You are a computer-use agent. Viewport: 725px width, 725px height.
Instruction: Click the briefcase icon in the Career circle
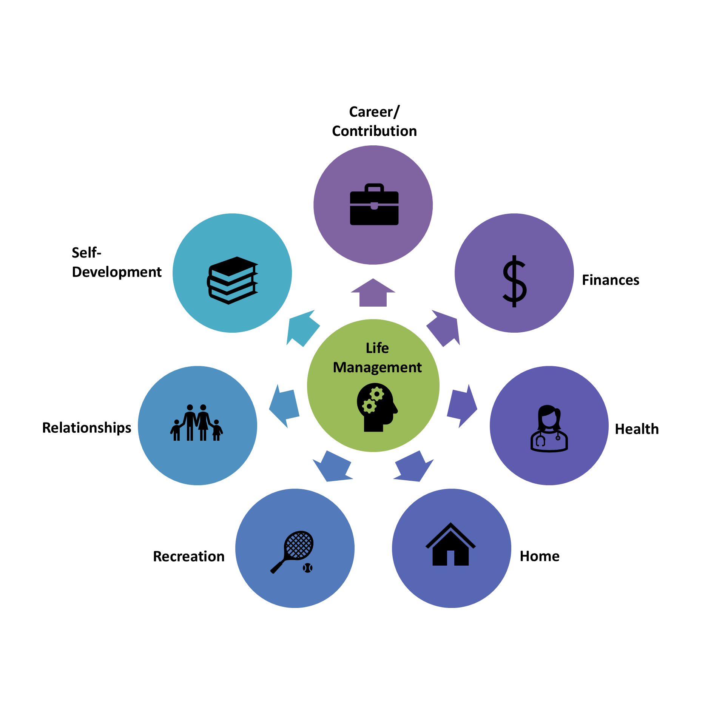click(374, 205)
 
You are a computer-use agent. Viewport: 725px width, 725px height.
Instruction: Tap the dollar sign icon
click(514, 281)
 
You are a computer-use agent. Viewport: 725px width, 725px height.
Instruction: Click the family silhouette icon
click(197, 423)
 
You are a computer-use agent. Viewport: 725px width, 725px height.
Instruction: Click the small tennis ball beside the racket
click(308, 568)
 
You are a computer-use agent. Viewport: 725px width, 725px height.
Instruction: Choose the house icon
click(450, 545)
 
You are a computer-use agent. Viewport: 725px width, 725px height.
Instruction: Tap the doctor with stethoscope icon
click(549, 429)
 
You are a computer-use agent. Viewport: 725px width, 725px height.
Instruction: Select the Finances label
click(611, 280)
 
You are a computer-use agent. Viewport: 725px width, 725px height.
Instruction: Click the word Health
click(637, 429)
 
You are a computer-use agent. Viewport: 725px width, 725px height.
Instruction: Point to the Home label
click(540, 556)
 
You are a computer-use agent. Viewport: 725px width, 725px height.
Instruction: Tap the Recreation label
click(189, 557)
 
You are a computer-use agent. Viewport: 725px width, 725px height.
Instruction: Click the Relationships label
click(87, 428)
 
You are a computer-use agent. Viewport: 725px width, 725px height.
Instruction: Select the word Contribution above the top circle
click(374, 131)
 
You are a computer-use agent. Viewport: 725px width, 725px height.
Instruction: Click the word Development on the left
click(117, 272)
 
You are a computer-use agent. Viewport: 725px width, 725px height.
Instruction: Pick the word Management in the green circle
click(377, 367)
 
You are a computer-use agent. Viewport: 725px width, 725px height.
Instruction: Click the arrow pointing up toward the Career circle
click(373, 293)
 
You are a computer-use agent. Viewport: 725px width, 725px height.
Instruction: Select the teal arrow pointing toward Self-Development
click(302, 328)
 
